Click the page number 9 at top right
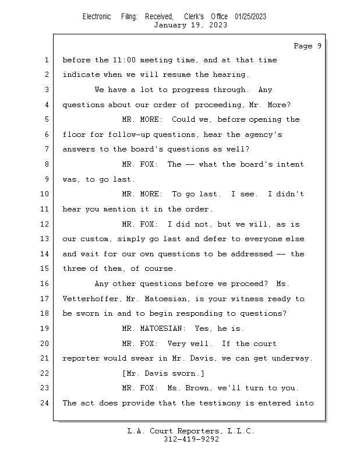point(319,46)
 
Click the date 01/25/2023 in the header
point(250,17)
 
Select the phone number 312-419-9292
point(191,439)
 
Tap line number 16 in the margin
point(45,284)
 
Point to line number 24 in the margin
point(45,403)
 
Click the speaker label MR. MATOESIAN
point(154,329)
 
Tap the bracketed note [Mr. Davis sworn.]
point(163,373)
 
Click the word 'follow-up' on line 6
point(129,135)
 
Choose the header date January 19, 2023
point(190,25)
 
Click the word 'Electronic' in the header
point(97,17)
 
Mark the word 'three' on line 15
point(74,269)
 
